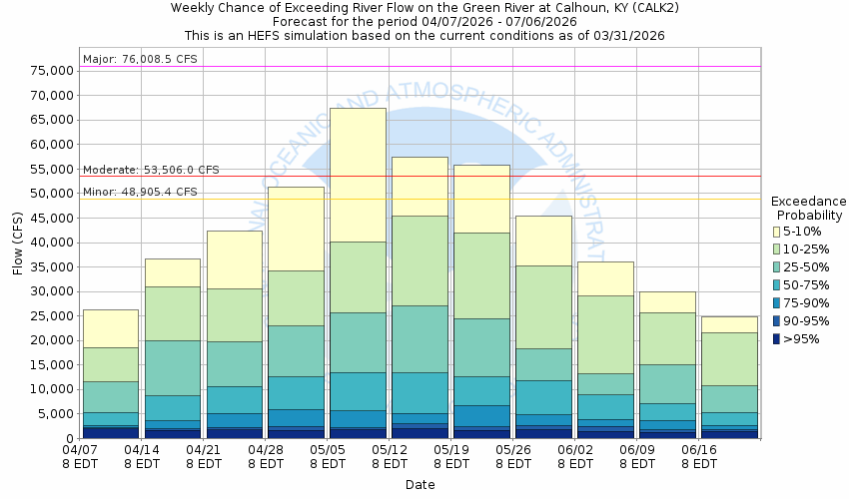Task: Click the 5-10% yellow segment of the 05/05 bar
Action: (x=358, y=175)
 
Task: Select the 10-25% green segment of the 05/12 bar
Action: (x=420, y=260)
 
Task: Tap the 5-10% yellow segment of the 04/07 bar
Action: (x=110, y=328)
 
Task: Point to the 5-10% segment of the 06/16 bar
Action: (x=729, y=324)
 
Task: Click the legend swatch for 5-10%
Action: (x=776, y=231)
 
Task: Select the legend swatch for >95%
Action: (x=776, y=338)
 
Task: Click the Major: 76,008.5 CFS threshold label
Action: (x=140, y=60)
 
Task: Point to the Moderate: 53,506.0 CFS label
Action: (x=151, y=170)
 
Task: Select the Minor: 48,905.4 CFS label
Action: (x=140, y=192)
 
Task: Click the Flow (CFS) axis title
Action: (x=18, y=243)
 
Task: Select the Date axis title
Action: (x=420, y=485)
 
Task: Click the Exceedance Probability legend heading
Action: (x=809, y=208)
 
